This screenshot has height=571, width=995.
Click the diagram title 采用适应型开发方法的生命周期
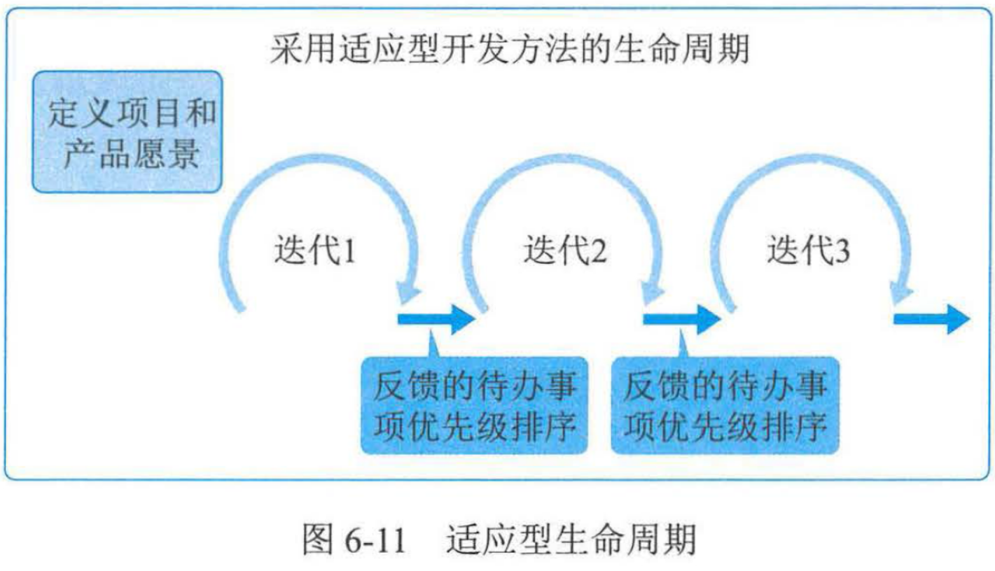pos(509,50)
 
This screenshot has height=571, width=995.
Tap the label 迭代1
pos(314,251)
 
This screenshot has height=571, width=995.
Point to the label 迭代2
pos(565,251)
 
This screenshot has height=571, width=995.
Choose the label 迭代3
pos(809,251)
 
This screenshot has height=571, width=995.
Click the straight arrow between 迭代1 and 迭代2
pos(436,319)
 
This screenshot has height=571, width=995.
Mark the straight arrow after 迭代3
pos(932,319)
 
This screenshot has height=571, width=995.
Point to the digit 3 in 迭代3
pos(841,251)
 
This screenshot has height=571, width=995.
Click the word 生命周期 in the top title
pos(697,50)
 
